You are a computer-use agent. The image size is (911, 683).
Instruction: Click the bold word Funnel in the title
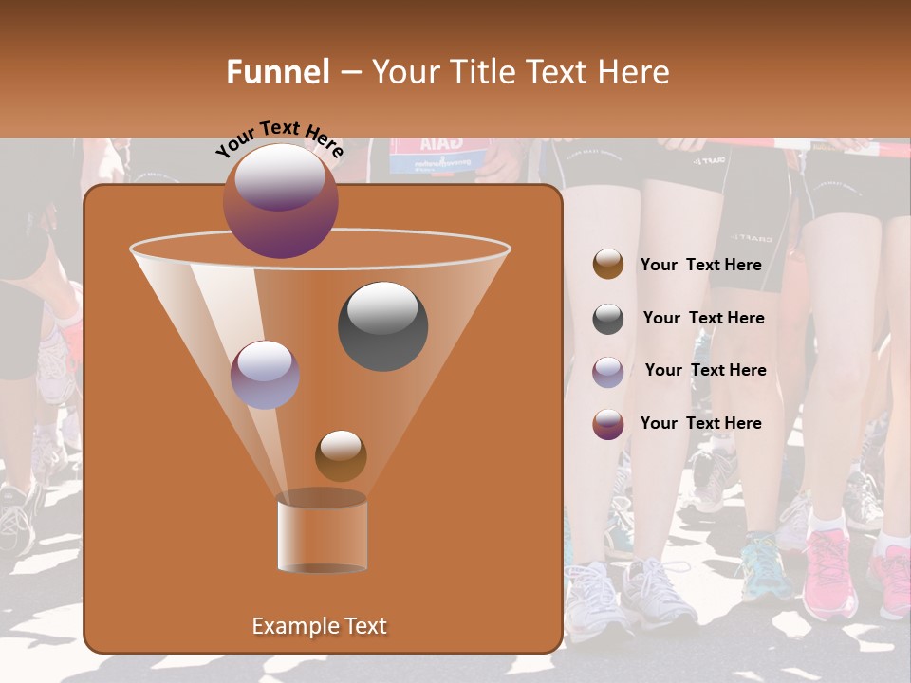click(277, 72)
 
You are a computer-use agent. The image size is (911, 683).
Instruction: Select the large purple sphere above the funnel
click(281, 200)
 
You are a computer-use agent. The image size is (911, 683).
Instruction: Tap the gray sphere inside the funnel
click(382, 325)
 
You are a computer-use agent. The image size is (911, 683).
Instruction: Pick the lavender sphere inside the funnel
click(265, 375)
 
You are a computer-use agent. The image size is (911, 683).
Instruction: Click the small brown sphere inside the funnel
click(341, 455)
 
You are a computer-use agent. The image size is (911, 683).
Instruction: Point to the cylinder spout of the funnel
click(322, 533)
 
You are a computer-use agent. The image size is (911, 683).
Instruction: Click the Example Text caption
click(319, 626)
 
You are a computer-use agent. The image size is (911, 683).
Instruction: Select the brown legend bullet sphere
click(608, 265)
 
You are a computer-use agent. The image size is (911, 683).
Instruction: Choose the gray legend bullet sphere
click(608, 319)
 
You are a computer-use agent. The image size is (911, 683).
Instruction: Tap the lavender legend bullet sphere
click(608, 372)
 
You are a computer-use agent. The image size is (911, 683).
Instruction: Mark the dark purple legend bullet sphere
click(608, 424)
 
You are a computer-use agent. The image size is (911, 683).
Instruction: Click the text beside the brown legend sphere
click(700, 265)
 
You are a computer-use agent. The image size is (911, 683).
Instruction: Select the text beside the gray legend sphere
click(703, 318)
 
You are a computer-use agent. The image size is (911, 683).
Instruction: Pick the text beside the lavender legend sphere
click(705, 370)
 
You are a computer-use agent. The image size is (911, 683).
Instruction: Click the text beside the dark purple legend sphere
click(700, 423)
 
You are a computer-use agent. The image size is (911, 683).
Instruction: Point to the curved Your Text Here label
click(279, 138)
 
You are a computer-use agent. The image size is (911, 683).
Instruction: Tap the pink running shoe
click(829, 573)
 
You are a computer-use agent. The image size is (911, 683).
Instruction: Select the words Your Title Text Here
click(520, 72)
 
